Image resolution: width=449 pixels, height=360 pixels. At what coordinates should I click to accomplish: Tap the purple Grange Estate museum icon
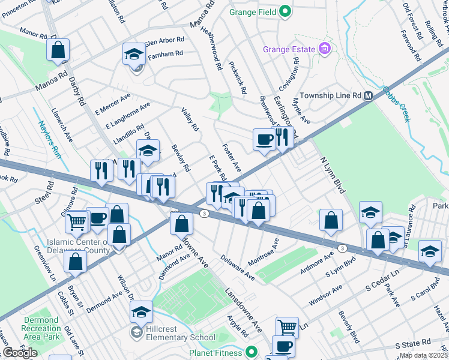325,48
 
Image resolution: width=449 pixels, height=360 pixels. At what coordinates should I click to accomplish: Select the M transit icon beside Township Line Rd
369,95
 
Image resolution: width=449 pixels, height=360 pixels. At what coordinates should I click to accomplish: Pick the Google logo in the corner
20,353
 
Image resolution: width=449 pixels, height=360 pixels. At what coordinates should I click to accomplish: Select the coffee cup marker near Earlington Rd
264,140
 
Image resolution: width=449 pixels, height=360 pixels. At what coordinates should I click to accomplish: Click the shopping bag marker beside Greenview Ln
75,262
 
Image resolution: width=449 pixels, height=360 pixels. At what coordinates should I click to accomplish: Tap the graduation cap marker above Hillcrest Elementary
141,312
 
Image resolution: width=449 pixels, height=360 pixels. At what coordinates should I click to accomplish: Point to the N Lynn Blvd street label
334,173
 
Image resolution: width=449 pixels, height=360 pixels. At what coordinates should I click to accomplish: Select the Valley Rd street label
190,119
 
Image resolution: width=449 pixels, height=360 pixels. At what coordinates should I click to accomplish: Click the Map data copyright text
424,355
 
